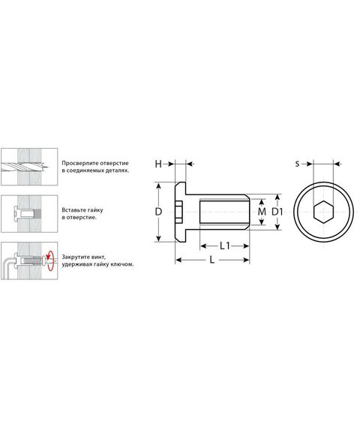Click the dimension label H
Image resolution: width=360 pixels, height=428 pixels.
[158, 164]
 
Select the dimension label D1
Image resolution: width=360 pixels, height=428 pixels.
[277, 212]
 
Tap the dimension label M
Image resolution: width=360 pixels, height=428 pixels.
[262, 212]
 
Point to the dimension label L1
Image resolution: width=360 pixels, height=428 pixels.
[225, 246]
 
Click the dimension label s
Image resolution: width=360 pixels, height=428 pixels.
[297, 164]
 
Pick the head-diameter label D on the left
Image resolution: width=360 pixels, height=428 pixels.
[158, 212]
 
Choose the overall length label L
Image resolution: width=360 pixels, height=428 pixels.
[212, 260]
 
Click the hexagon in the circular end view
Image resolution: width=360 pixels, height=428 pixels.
[323, 212]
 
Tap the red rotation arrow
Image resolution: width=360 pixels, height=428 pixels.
[49, 261]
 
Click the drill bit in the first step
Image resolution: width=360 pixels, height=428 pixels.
[25, 166]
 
